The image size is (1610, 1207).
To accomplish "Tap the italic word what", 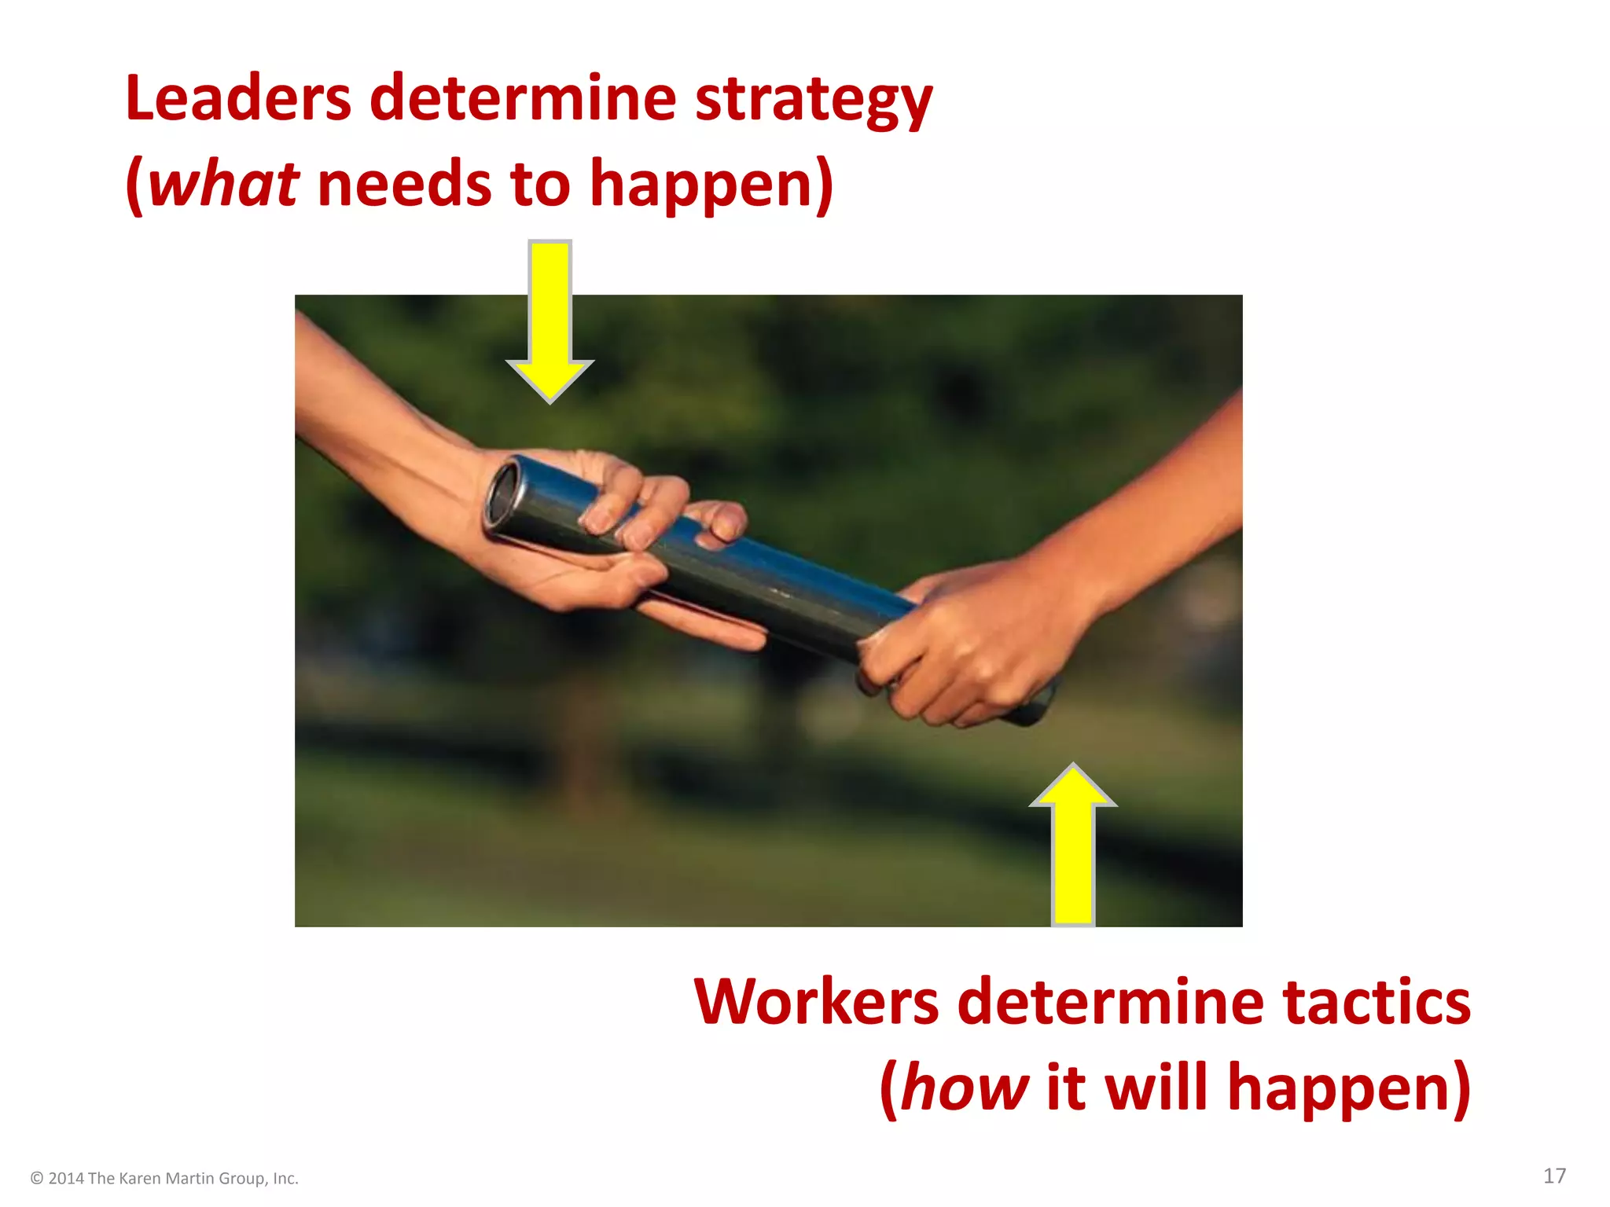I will [x=223, y=184].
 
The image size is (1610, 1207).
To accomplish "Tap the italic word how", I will [x=964, y=1088].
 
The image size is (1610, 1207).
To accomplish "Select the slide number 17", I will [x=1554, y=1176].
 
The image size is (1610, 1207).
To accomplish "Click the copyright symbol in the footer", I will [x=36, y=1179].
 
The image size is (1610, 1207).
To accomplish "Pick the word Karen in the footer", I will [x=139, y=1179].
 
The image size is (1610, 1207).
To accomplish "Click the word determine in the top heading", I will [x=523, y=98].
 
